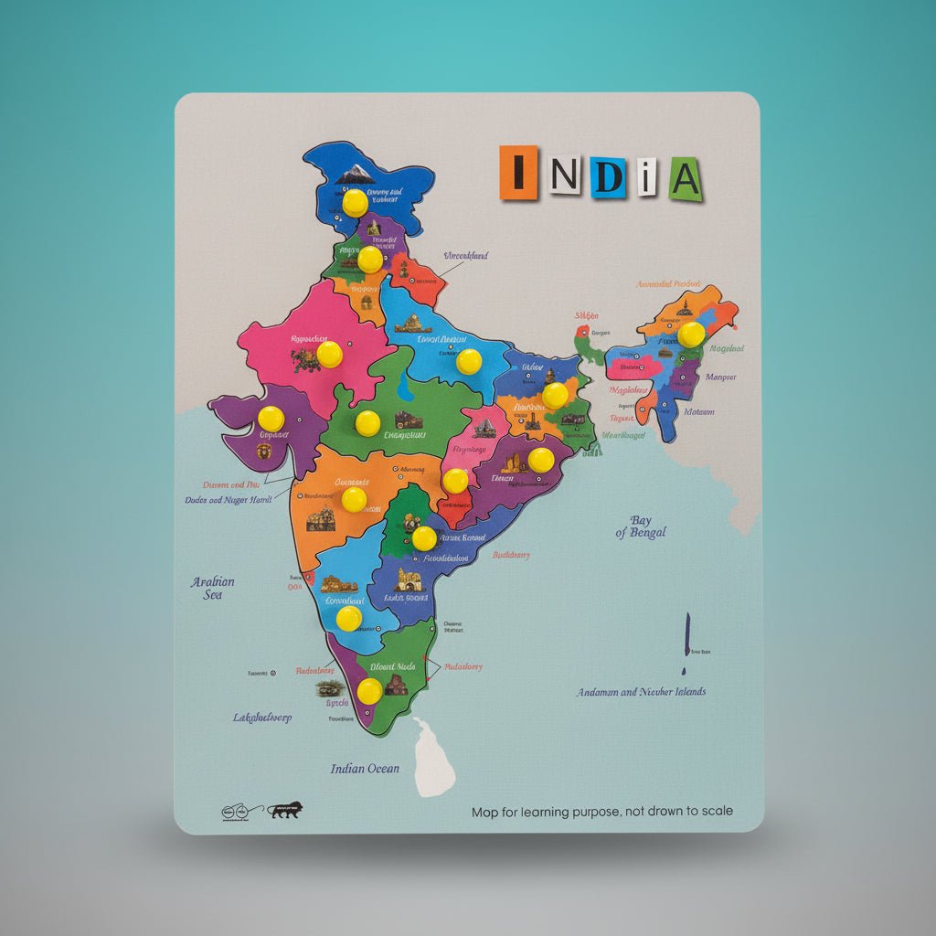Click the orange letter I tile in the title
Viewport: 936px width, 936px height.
point(518,172)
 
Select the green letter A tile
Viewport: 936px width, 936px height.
point(684,178)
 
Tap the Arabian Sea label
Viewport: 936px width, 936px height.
point(213,588)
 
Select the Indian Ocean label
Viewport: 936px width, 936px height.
point(365,769)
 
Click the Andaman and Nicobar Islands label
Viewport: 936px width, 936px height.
point(641,692)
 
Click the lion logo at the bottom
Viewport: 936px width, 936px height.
point(287,810)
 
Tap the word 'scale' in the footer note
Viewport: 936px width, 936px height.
point(715,811)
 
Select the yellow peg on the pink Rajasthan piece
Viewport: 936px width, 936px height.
point(329,354)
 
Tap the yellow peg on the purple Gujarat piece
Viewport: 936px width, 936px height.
point(271,419)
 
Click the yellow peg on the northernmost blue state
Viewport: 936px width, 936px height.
point(355,202)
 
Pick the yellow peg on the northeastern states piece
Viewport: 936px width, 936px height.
point(691,335)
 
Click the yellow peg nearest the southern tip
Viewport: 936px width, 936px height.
point(369,691)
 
